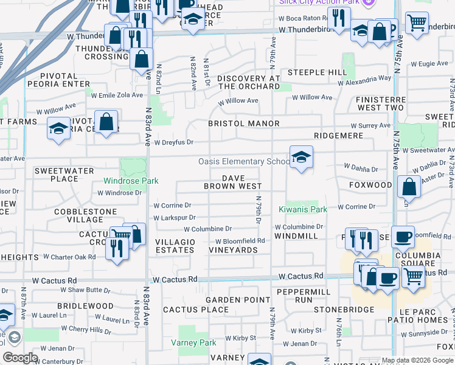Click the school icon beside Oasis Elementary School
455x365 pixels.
(301, 158)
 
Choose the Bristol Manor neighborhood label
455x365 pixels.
(244, 123)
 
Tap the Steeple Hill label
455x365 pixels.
(317, 72)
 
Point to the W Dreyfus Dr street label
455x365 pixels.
(173, 142)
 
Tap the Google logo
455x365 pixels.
(20, 358)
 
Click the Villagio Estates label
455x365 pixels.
(175, 246)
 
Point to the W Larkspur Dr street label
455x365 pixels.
(175, 217)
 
